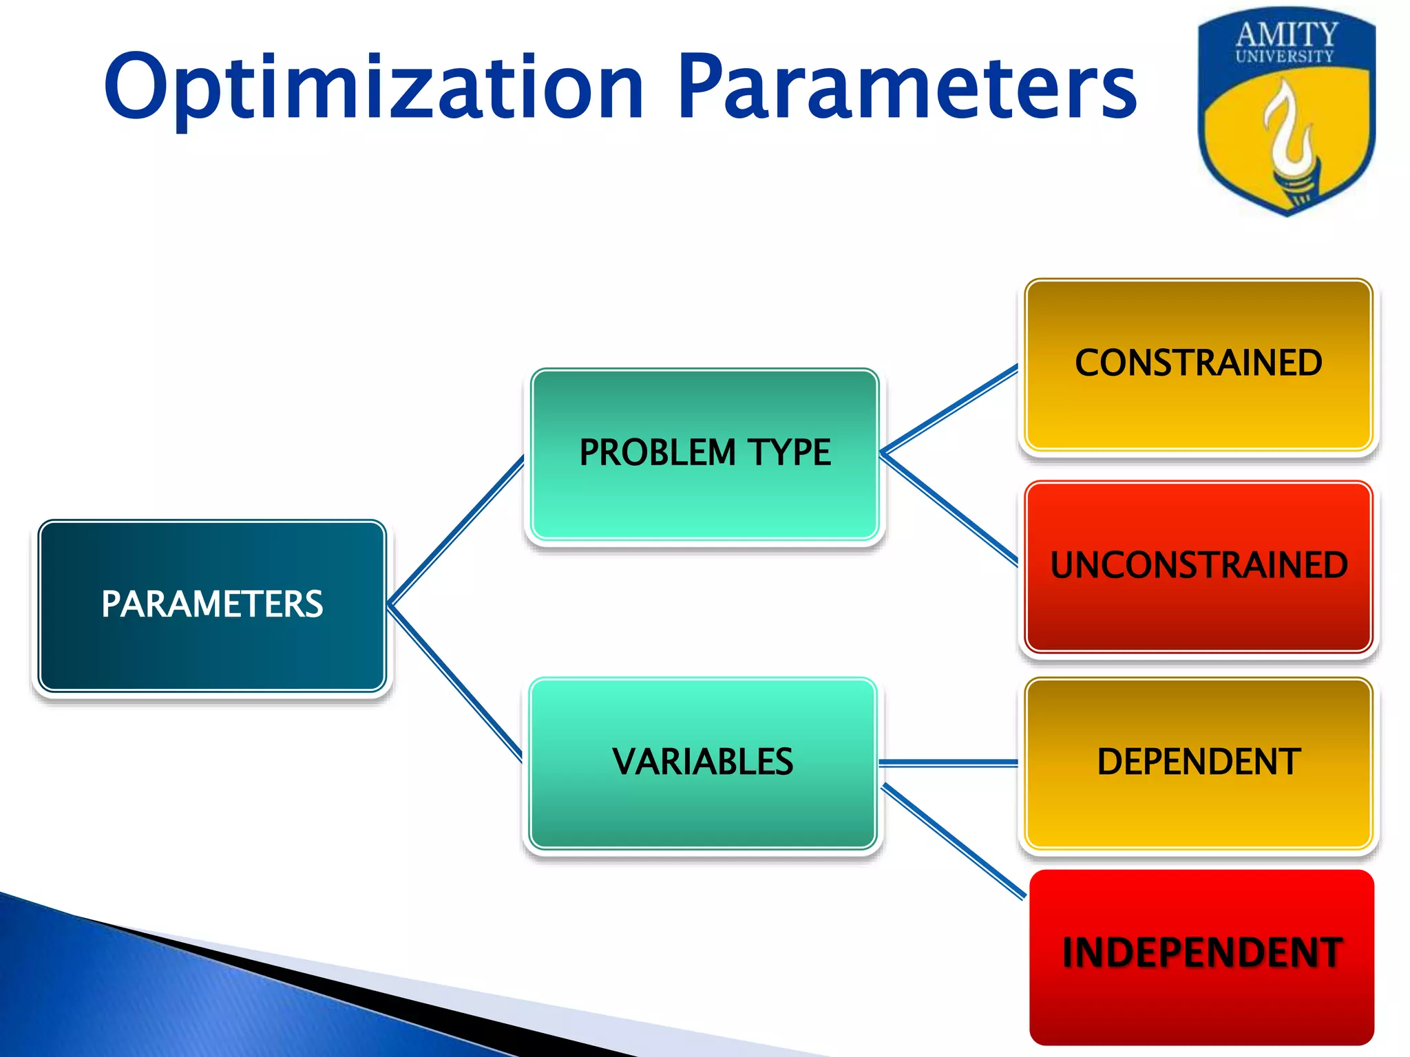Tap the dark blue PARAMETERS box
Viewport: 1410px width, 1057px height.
tap(212, 605)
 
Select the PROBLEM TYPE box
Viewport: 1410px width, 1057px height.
tap(704, 453)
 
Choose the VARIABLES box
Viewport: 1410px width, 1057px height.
tap(702, 762)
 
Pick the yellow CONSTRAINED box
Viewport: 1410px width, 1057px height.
tap(1198, 364)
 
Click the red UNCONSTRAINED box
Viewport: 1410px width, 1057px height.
tap(1198, 566)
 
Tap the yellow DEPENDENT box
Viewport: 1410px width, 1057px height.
tap(1198, 762)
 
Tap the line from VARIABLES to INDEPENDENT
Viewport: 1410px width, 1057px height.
tap(954, 841)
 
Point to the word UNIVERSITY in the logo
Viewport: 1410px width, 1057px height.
tap(1284, 56)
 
